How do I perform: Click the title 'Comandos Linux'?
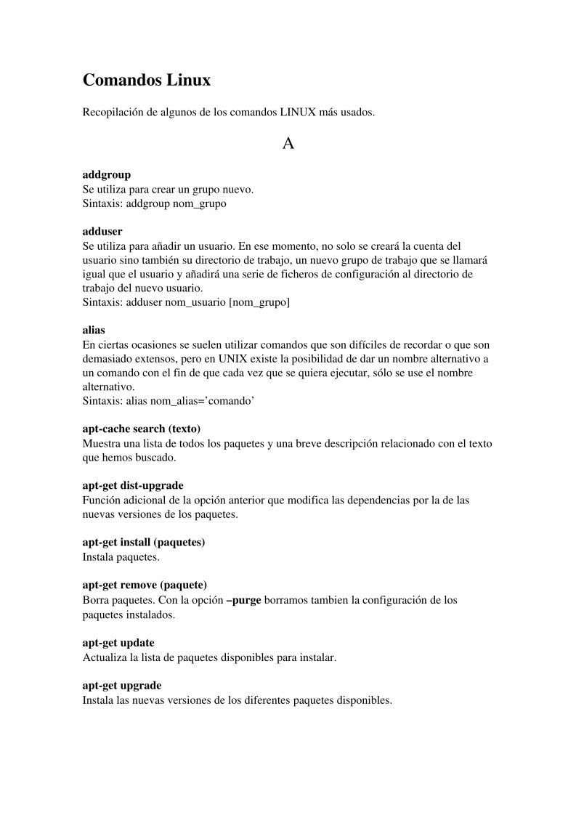[x=147, y=81]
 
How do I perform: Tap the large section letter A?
[x=288, y=144]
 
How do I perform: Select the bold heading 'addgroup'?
[x=107, y=175]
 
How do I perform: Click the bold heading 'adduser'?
[x=102, y=232]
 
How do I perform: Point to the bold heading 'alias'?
[x=94, y=330]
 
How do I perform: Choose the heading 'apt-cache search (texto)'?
[x=142, y=429]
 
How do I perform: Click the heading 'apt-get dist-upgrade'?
[x=133, y=485]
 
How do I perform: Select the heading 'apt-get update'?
[x=118, y=643]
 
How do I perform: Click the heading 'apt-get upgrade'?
[x=122, y=685]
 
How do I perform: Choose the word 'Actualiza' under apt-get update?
[x=105, y=657]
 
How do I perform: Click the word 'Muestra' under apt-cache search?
[x=102, y=443]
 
